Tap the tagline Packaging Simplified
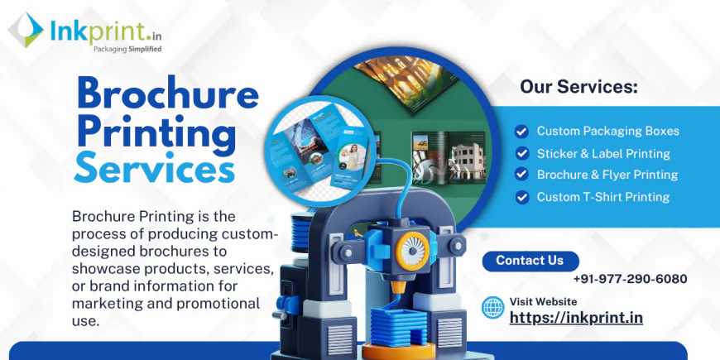point(104,49)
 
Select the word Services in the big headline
point(154,169)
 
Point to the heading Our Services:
point(578,86)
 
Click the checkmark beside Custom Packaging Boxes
point(521,131)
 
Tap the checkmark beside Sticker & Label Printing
point(521,153)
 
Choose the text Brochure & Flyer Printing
point(607,175)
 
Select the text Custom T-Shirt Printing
point(603,197)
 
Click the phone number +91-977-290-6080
point(630,279)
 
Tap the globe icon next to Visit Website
point(493,308)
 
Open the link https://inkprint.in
point(576,317)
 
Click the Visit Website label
point(543,301)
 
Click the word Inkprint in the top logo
point(92,31)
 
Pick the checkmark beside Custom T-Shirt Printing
point(521,197)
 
